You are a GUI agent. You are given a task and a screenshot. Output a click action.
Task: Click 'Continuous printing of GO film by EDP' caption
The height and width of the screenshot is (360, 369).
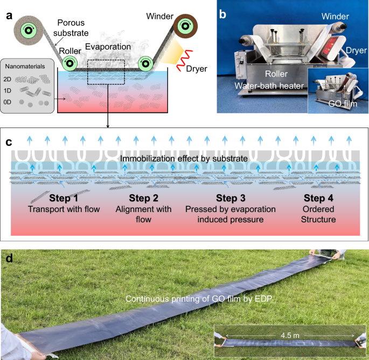click(199, 298)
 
